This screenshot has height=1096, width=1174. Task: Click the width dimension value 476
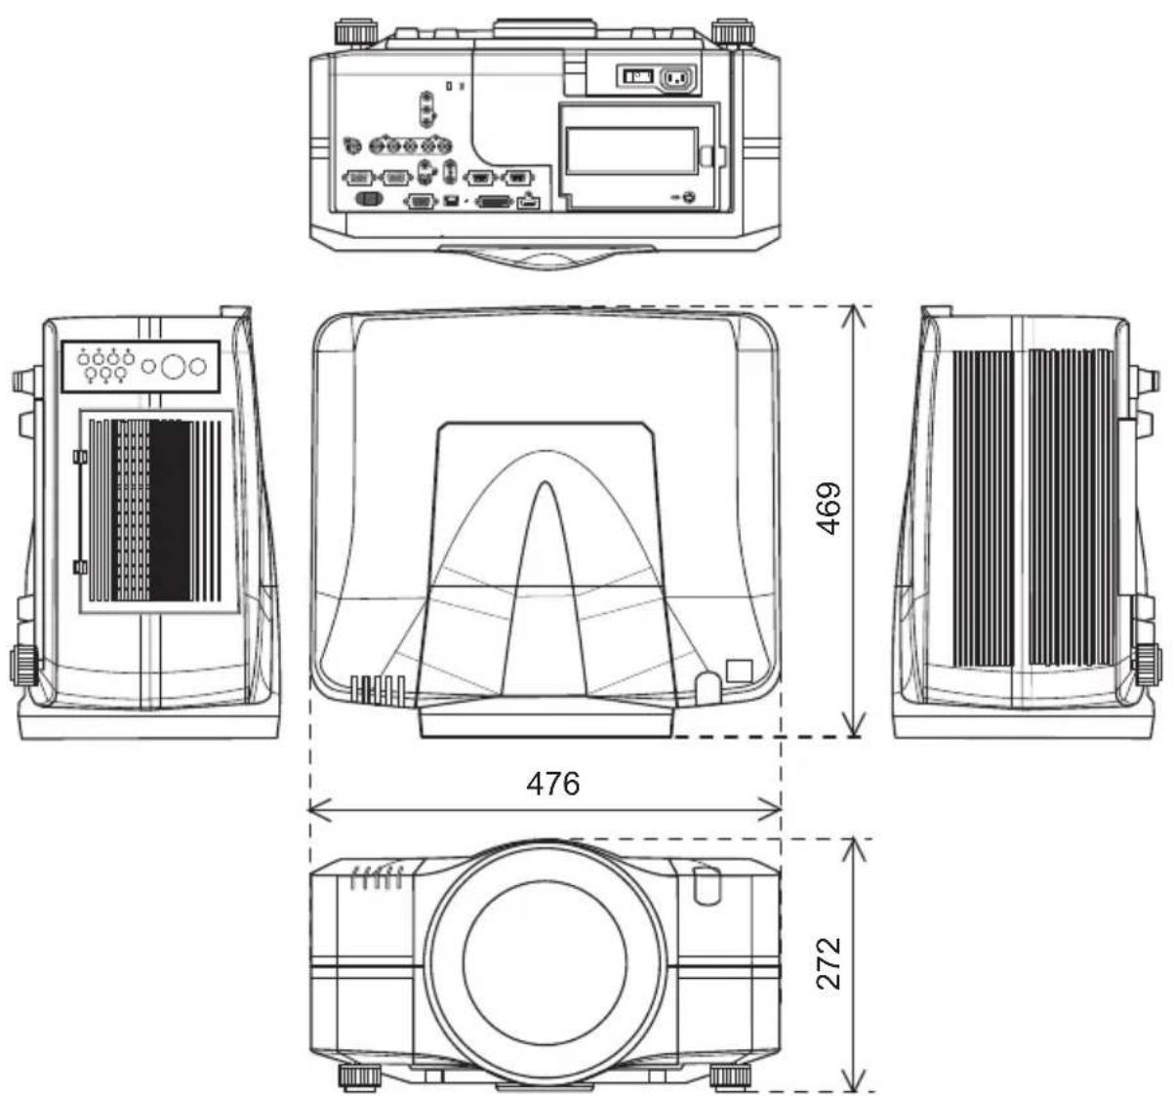552,784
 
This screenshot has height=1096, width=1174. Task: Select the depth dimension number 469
829,508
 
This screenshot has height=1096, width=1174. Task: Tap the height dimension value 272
829,963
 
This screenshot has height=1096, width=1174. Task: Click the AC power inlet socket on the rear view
677,77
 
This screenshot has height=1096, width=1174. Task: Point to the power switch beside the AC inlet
637,76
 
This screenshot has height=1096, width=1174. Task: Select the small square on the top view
739,670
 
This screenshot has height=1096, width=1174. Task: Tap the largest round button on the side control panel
173,366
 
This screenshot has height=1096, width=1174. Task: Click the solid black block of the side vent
169,510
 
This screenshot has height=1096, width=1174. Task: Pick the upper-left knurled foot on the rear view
356,32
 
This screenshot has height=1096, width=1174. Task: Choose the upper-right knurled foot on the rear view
733,32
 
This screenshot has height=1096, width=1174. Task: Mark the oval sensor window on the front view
707,885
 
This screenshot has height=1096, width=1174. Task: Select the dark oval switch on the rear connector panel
369,199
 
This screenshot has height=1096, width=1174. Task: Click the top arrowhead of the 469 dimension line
853,316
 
